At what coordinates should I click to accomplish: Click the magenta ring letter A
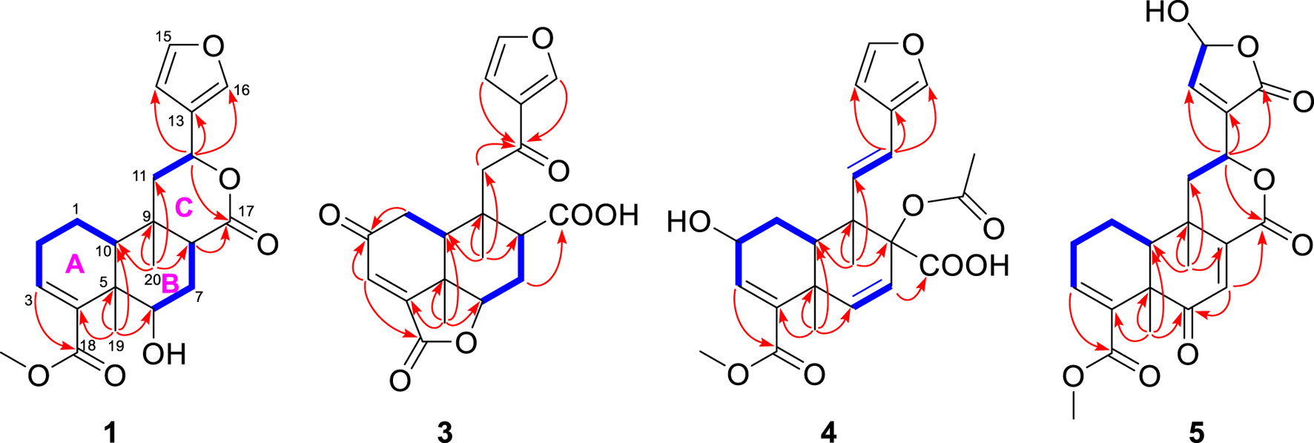point(74,263)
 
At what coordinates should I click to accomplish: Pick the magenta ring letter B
point(170,283)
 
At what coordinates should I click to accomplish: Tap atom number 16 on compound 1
point(242,91)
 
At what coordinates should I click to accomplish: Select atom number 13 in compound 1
point(176,121)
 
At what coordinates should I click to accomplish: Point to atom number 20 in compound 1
point(151,279)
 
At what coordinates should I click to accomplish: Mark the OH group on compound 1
point(164,353)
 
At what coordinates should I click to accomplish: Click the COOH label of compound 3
point(593,215)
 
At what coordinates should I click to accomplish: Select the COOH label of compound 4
point(965,265)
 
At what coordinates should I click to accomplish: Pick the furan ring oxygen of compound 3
point(544,39)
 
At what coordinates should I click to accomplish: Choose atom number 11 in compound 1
point(140,176)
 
